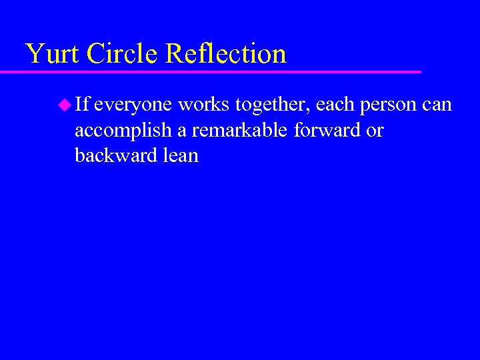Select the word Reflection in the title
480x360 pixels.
pyautogui.click(x=227, y=53)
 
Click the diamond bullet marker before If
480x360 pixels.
pyautogui.click(x=65, y=104)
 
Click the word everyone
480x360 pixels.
pyautogui.click(x=133, y=105)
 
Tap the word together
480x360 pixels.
pyautogui.click(x=271, y=105)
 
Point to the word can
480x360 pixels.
pyautogui.click(x=437, y=105)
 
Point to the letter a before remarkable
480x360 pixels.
pyautogui.click(x=181, y=131)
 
